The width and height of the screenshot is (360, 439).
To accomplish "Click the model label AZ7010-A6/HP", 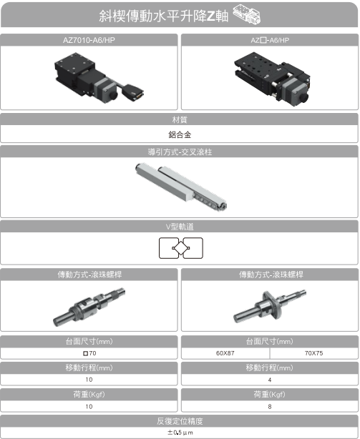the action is coord(89,40).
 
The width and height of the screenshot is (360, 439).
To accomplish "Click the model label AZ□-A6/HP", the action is coord(270,40).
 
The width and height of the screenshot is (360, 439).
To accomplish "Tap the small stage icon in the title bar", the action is coord(247,14).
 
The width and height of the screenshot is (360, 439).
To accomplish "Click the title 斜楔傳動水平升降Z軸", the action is coord(164,16).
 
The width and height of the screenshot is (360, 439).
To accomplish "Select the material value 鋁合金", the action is coord(180,134).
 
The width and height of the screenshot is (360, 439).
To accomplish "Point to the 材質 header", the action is coord(180,119).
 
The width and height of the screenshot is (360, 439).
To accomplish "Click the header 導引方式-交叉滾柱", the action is coord(180,152).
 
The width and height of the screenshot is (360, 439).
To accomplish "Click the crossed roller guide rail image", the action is coord(181,186).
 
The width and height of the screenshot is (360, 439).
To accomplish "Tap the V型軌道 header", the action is coord(180,227).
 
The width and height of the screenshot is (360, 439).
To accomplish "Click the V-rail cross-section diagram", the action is coord(181,248).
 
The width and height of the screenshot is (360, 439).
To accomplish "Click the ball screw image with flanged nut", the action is coord(270,306).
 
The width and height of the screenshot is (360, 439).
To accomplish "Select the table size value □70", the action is coord(89,353).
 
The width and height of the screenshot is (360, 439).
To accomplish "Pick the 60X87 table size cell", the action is coord(225,353).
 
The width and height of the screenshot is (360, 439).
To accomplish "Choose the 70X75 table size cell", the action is coord(313,353).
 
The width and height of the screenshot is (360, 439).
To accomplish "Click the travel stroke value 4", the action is coord(270,380).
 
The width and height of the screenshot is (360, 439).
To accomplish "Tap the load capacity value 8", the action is coord(270,407).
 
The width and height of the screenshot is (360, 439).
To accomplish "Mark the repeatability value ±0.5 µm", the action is coord(180,433).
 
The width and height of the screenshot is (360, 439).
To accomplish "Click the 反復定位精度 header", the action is coord(180,421).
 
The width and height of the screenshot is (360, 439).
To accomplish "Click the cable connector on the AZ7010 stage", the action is coord(133,91).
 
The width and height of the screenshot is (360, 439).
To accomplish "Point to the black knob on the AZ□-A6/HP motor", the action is coord(304,98).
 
